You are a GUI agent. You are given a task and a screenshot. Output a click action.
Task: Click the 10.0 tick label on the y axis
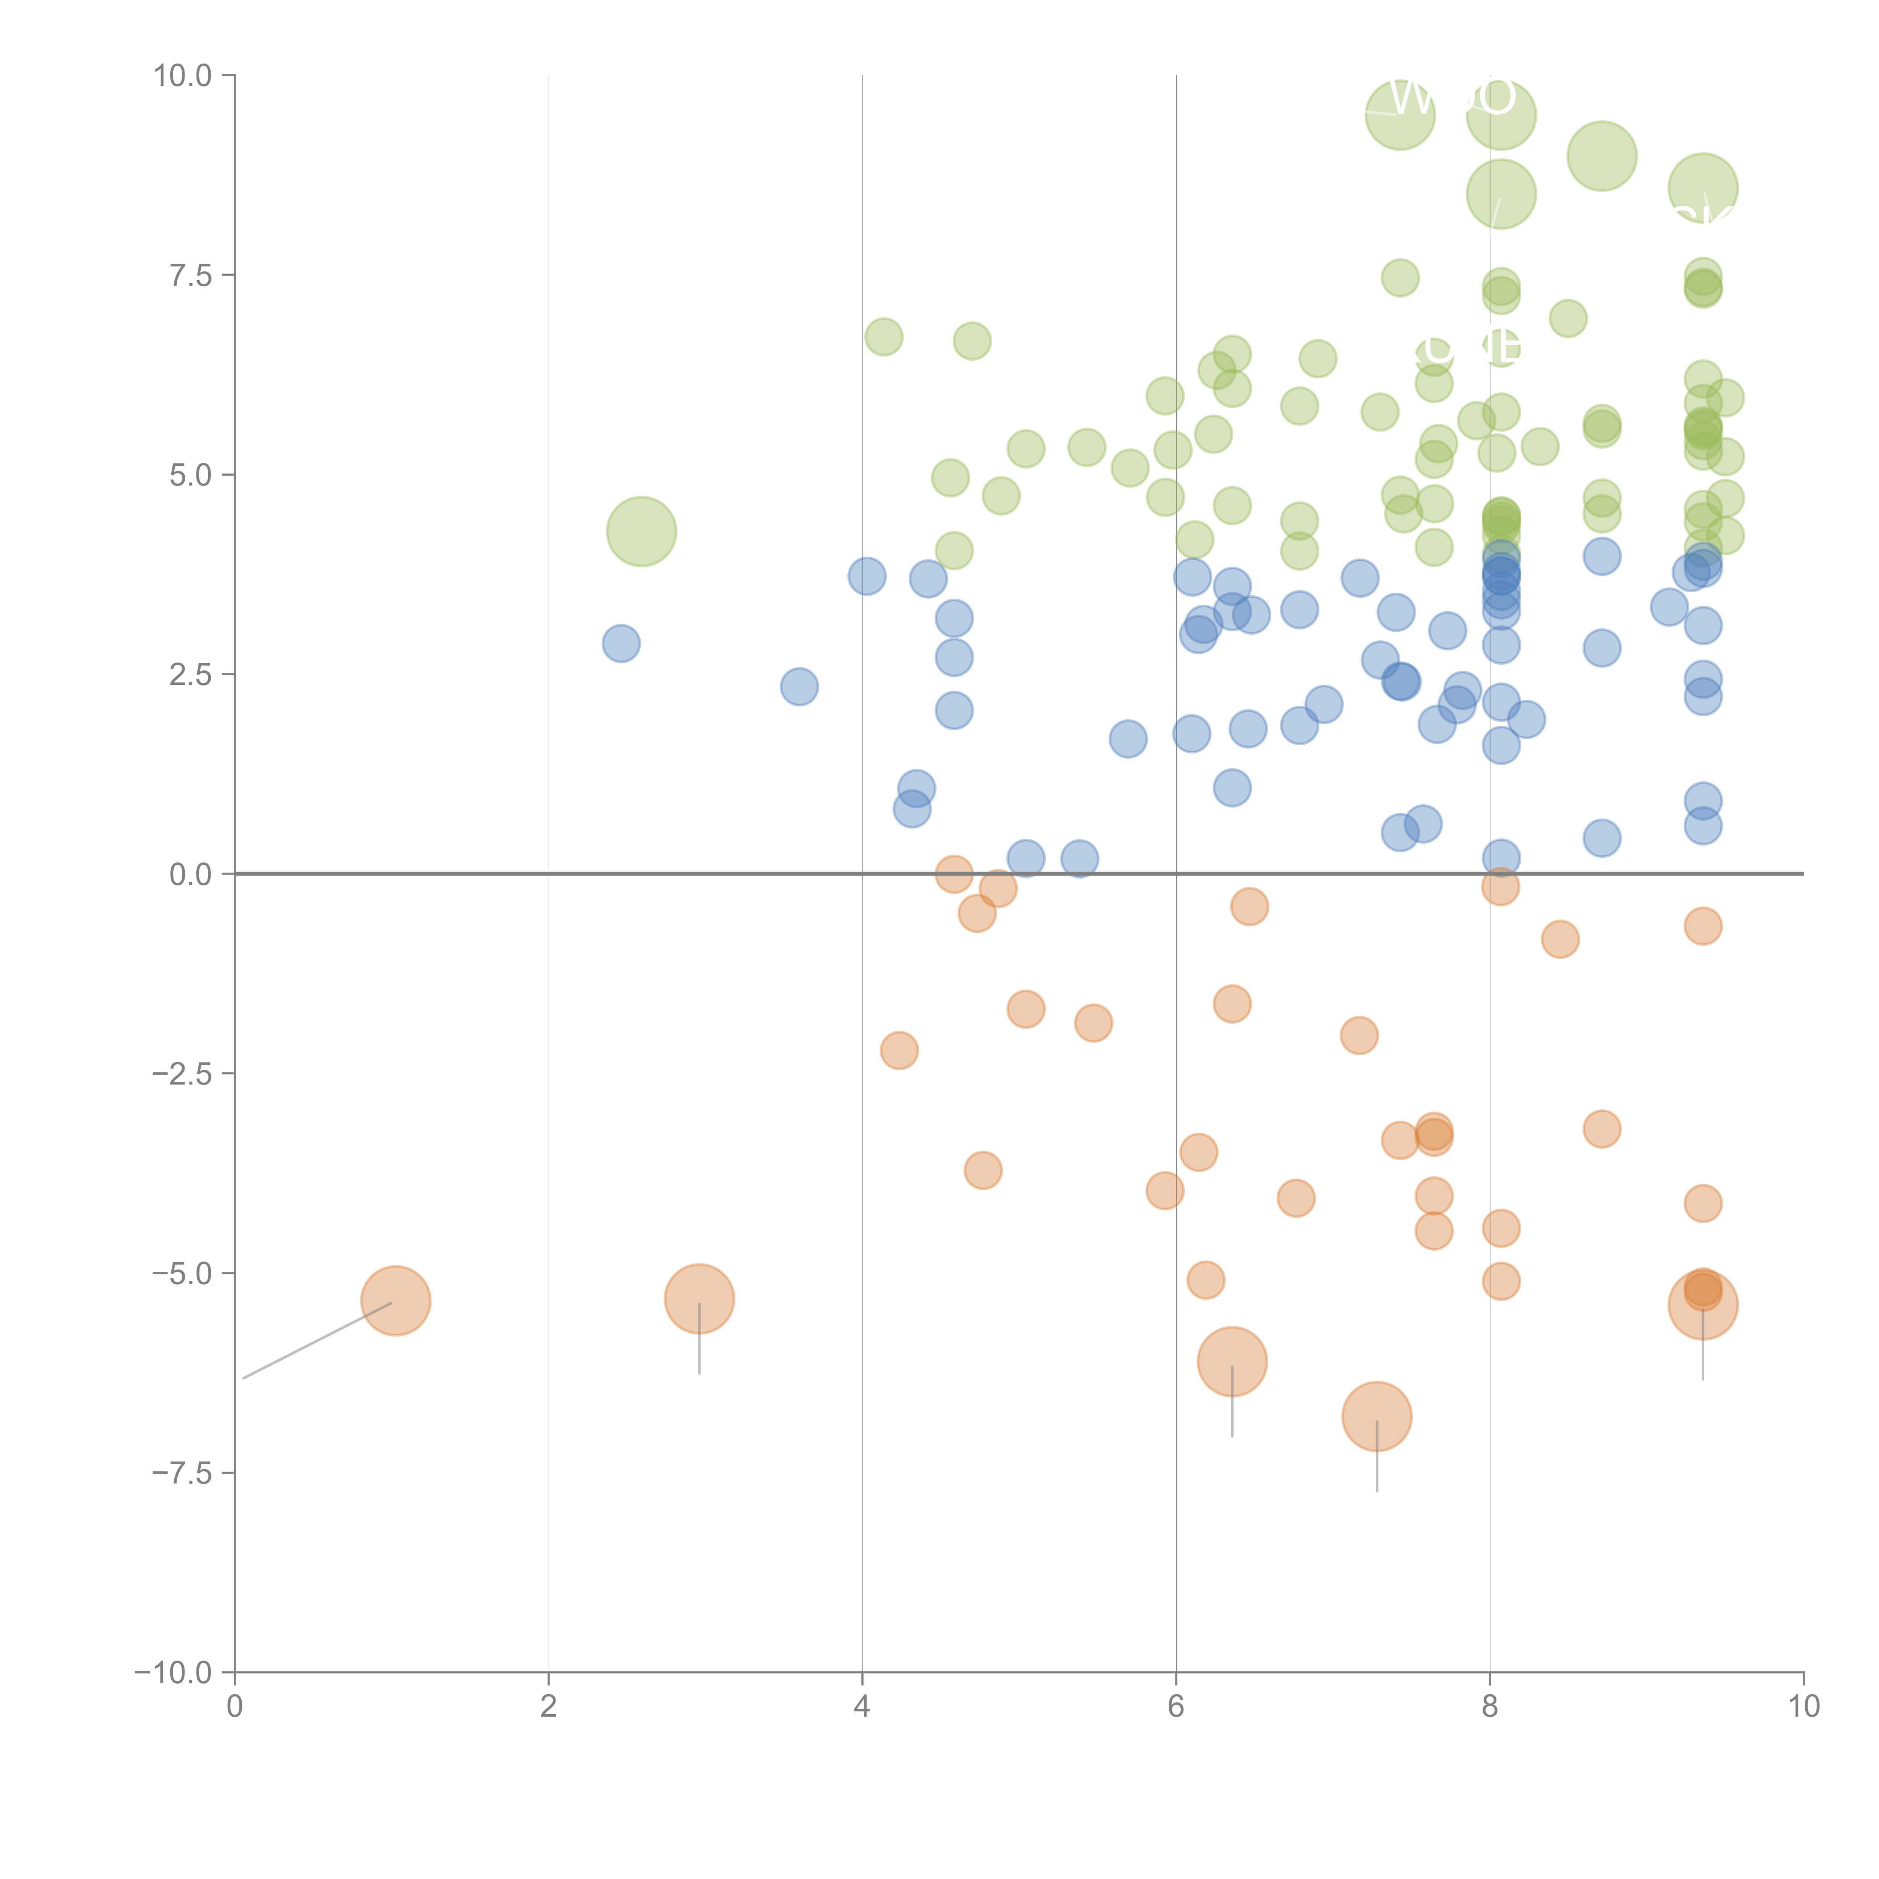[x=183, y=76]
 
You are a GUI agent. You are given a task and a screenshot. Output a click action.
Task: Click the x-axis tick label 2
[x=549, y=1707]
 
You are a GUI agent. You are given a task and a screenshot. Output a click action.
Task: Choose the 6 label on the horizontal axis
[x=1176, y=1707]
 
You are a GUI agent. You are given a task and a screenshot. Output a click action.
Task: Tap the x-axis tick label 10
[x=1803, y=1707]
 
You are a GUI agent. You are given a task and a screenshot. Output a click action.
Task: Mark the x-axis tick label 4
[x=862, y=1707]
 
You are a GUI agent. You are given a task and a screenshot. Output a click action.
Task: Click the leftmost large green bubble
[x=641, y=531]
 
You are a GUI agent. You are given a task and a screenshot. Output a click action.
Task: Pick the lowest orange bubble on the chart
[x=1376, y=1416]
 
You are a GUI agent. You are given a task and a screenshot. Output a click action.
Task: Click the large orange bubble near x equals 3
[x=699, y=1298]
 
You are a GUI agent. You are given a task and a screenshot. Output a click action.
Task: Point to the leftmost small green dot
[x=883, y=336]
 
